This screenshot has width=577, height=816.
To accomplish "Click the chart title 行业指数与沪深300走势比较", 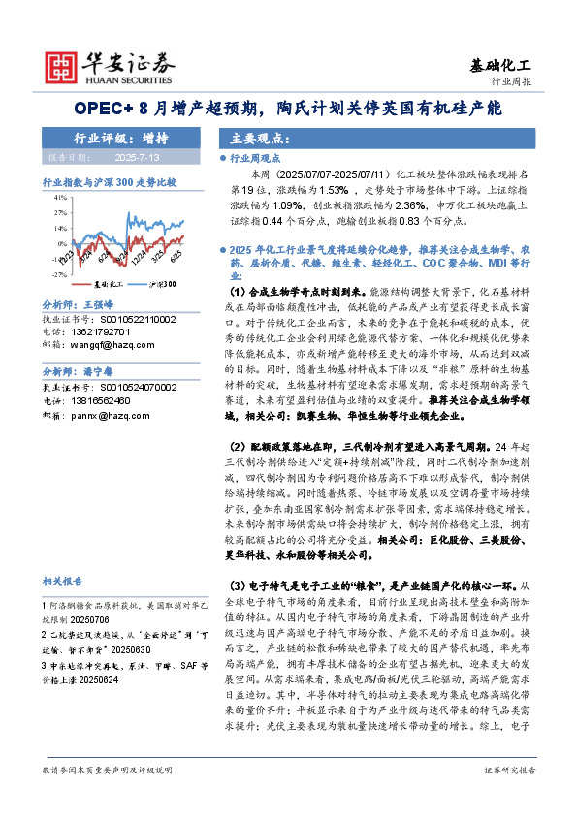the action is [110, 181].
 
